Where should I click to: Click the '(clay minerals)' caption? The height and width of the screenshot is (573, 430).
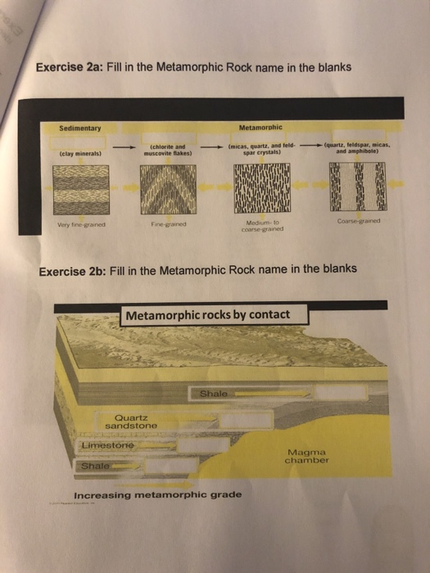[x=79, y=152]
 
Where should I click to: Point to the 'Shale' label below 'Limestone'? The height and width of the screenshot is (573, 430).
[x=93, y=467]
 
